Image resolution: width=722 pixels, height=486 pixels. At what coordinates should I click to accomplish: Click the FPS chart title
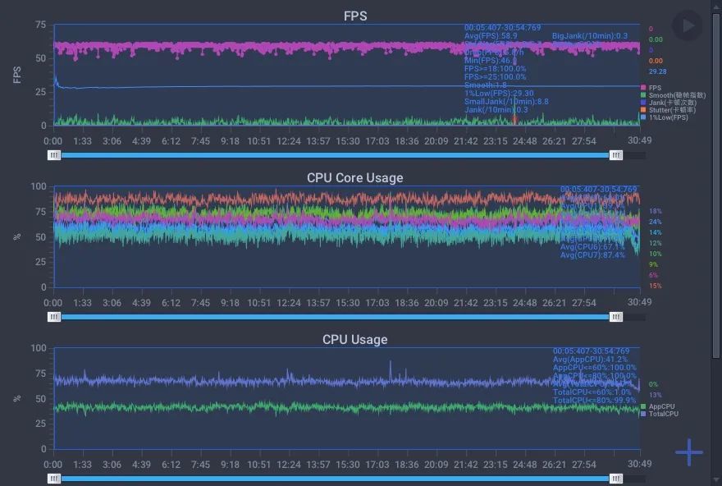coord(354,16)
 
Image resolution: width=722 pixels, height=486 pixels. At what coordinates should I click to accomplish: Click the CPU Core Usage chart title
coord(354,177)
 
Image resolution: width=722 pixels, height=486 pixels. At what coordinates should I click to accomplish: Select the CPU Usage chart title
coord(354,339)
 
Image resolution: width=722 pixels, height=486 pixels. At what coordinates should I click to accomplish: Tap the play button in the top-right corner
coord(688,25)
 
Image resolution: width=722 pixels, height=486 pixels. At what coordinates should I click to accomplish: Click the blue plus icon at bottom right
coord(689,452)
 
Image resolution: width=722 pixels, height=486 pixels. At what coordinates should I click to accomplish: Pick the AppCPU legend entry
coord(661,406)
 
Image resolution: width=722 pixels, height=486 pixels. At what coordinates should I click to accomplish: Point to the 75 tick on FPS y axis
coord(40,25)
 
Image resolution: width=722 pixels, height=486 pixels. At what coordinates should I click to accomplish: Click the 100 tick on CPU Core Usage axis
coord(39,186)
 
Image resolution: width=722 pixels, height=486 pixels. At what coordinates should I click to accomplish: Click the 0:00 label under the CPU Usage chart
coord(64,465)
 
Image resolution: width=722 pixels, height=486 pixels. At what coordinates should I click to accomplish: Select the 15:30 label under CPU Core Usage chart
coord(348,303)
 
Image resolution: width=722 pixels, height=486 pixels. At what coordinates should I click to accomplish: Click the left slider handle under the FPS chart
coord(54,154)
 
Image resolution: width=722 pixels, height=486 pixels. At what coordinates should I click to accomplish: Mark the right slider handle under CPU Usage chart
coord(616,478)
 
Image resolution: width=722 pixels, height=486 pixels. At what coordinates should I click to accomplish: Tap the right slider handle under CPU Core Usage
coord(616,316)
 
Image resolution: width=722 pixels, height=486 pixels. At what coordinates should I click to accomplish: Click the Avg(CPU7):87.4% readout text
coord(592,255)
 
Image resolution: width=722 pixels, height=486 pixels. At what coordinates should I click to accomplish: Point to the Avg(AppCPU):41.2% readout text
coord(590,359)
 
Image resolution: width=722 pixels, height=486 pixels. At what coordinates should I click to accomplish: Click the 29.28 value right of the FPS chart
coord(657,72)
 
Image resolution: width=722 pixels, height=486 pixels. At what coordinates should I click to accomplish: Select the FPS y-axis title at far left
coord(17,76)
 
